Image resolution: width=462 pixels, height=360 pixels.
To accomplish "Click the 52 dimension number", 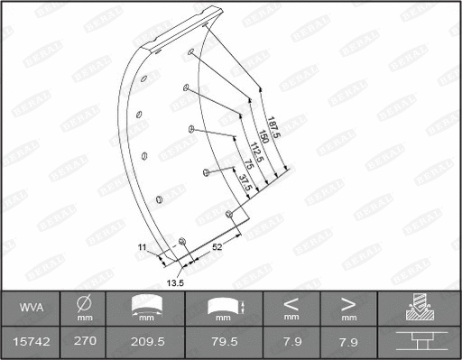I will coord(217,245).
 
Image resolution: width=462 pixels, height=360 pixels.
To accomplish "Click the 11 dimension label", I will coord(142,245).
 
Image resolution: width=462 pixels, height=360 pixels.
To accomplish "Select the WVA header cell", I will coord(30,309).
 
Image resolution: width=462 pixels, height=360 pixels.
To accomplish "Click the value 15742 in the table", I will coord(30,343).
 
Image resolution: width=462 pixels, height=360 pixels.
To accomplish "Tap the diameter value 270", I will coord(84,343).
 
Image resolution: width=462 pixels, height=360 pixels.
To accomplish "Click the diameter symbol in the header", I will coord(84,303).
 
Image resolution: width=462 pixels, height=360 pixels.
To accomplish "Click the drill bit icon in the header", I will coord(418,308).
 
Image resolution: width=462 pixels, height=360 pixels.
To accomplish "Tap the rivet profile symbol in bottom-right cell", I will coord(418,343).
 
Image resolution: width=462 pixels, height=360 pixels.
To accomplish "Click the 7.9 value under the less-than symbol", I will coord(291,343).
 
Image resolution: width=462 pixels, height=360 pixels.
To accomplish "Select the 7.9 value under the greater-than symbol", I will coord(348,343).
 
